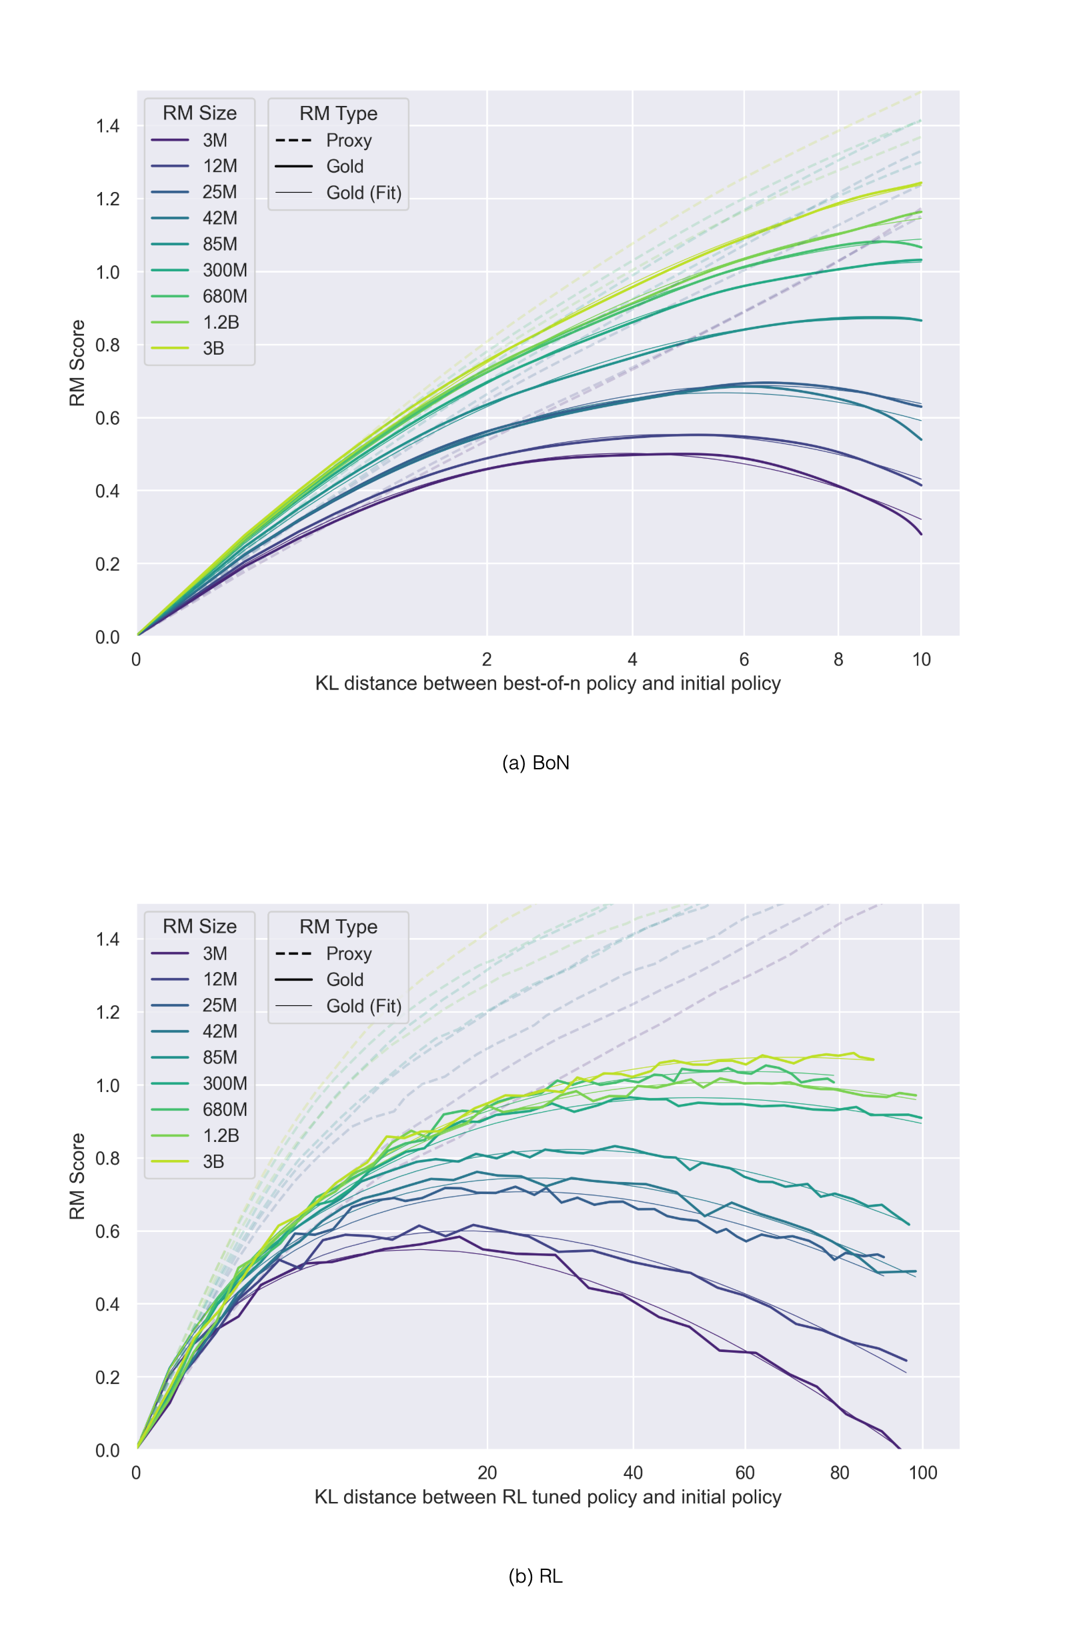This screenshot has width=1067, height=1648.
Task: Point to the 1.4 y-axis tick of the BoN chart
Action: click(x=107, y=126)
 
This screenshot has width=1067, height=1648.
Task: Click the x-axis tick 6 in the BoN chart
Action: click(x=744, y=659)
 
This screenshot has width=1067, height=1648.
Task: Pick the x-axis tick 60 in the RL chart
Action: click(x=745, y=1473)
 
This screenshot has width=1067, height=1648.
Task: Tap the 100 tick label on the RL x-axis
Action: click(x=923, y=1473)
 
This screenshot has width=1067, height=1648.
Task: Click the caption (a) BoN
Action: click(x=536, y=763)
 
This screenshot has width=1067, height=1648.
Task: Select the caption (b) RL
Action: click(x=536, y=1576)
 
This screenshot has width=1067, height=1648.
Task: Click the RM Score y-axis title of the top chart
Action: click(x=77, y=363)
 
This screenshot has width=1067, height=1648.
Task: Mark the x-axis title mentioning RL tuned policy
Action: click(x=548, y=1497)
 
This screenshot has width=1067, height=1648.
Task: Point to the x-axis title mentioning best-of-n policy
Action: click(x=548, y=683)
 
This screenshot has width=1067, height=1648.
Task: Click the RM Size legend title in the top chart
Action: click(x=199, y=113)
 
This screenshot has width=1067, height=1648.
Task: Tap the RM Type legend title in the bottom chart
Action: click(x=338, y=927)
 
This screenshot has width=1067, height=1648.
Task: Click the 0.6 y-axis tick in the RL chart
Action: click(x=107, y=1231)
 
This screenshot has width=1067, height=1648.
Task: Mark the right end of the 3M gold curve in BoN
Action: click(x=921, y=534)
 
